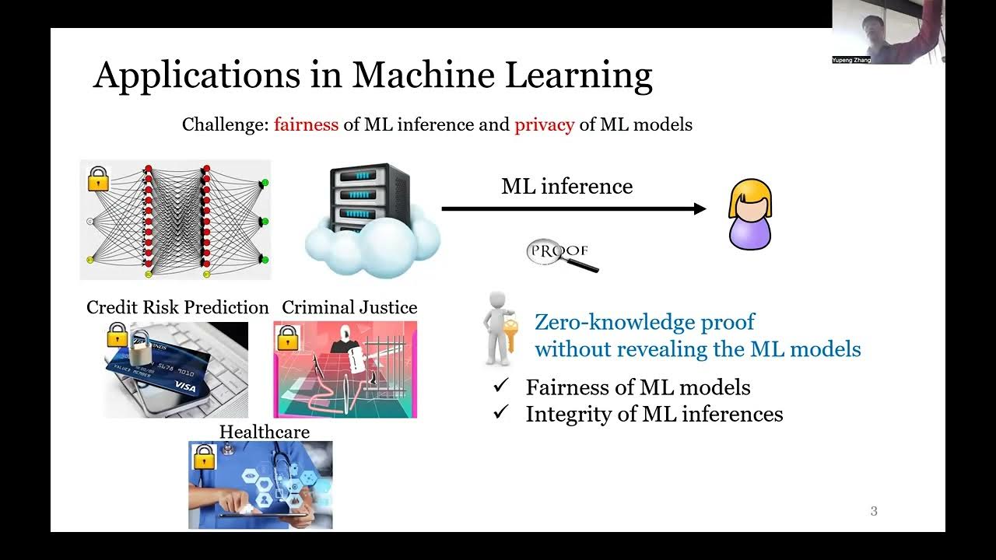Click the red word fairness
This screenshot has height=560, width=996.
tap(306, 124)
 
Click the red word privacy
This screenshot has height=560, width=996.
tap(544, 124)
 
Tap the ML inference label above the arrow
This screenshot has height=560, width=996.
tap(566, 187)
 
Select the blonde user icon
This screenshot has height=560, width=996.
tap(750, 214)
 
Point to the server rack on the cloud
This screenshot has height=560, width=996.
tap(370, 198)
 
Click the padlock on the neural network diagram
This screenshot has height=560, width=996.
tap(99, 179)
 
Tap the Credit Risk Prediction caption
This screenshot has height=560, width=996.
tap(177, 307)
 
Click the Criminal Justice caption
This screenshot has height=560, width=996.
tap(349, 307)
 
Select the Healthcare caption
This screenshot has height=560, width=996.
tap(264, 432)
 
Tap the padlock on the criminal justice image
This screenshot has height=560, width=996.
tap(287, 337)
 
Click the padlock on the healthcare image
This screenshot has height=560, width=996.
tap(204, 457)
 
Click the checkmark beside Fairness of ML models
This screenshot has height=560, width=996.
tap(501, 387)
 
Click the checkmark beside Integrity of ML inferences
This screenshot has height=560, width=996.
tap(501, 414)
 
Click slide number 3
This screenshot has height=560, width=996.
tap(874, 511)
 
